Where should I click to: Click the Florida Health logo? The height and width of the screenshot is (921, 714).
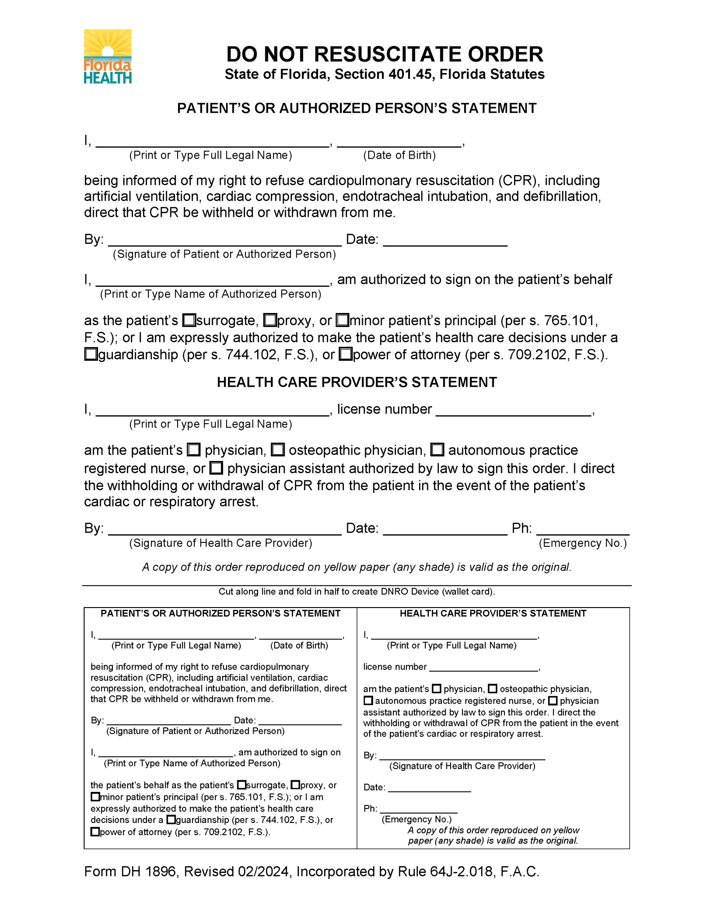point(107,57)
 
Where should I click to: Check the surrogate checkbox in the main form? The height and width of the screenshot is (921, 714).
point(189,321)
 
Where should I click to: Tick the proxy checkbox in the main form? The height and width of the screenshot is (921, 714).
point(270,321)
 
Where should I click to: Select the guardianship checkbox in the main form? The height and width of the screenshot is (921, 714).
point(91,354)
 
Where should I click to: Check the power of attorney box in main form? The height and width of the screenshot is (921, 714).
point(345,354)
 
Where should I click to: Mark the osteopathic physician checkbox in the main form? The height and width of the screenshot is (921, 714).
point(278,450)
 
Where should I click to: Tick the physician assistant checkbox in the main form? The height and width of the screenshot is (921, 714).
point(217,468)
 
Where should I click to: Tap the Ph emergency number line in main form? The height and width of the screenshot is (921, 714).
point(582,530)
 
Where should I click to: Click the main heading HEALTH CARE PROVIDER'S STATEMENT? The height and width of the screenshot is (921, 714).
point(357,382)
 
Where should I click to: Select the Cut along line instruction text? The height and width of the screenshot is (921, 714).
point(357,592)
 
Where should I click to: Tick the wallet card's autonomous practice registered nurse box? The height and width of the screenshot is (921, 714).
point(368,701)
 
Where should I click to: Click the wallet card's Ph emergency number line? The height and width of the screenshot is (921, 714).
point(419,809)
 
